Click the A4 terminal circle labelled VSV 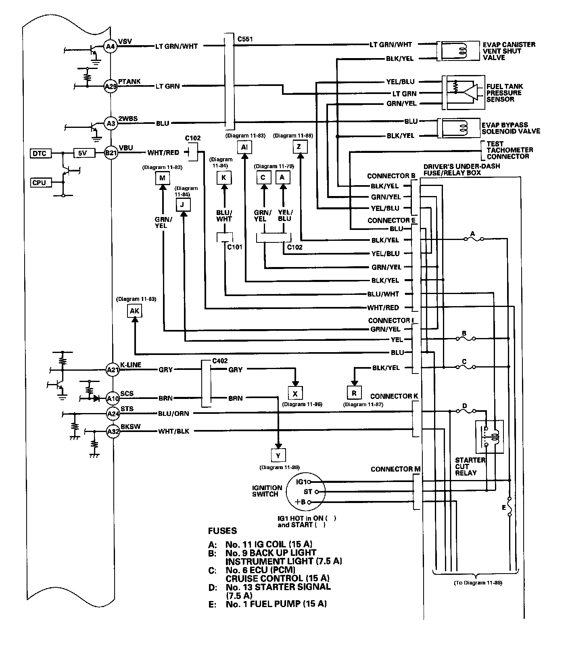pyautogui.click(x=110, y=47)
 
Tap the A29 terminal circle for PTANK pyautogui.click(x=110, y=86)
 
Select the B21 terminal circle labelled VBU pyautogui.click(x=110, y=153)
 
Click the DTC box pyautogui.click(x=39, y=153)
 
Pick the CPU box pyautogui.click(x=39, y=183)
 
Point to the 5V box pyautogui.click(x=82, y=153)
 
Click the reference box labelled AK pyautogui.click(x=135, y=311)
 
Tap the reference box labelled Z pyautogui.click(x=299, y=147)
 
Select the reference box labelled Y pyautogui.click(x=278, y=456)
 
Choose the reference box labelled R pyautogui.click(x=354, y=393)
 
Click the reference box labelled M pyautogui.click(x=163, y=178)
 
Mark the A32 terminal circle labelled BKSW pyautogui.click(x=113, y=432)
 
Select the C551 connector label pyautogui.click(x=245, y=39)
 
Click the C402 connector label pyautogui.click(x=220, y=361)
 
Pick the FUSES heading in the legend pyautogui.click(x=222, y=531)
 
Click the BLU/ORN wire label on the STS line pyautogui.click(x=173, y=413)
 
